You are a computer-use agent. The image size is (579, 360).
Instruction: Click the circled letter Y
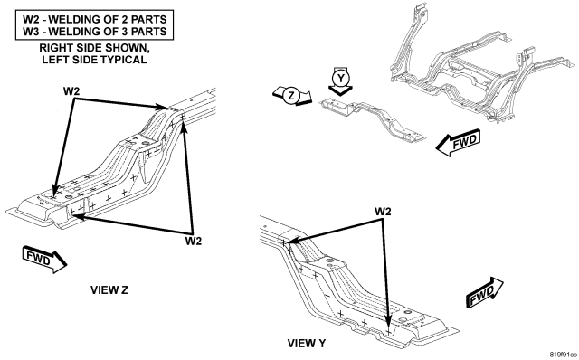coord(340,78)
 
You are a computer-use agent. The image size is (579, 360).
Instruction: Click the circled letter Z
coord(291,96)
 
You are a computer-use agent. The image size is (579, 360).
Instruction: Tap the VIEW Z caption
coord(109,289)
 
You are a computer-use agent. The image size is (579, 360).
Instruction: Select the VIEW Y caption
coord(307,344)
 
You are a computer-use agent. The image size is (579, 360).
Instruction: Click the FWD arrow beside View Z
coord(44,259)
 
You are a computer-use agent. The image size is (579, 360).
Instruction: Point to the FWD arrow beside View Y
coord(485,292)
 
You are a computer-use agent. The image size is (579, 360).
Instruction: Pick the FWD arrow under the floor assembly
coord(458,142)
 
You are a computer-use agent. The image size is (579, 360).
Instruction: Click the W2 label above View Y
coord(383,212)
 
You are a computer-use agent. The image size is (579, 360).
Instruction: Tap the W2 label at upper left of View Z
coord(71,91)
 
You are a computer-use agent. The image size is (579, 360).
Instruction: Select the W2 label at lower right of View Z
coord(194,242)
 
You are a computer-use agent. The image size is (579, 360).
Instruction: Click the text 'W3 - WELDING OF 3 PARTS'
coord(94,32)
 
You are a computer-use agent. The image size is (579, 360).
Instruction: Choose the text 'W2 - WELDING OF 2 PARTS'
coord(94,19)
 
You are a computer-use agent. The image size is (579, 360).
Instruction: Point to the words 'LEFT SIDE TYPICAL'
coord(94,59)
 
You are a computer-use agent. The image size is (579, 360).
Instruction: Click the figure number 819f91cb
coord(563,355)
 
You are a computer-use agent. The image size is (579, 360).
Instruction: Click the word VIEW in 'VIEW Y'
coord(299,344)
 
